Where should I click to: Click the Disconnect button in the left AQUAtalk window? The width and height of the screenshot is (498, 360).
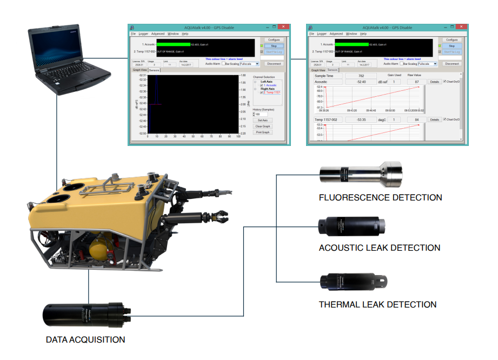pyautogui.click(x=274, y=64)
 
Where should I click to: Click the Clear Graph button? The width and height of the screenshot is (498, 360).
pyautogui.click(x=263, y=126)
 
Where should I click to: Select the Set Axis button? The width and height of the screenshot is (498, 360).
pyautogui.click(x=263, y=120)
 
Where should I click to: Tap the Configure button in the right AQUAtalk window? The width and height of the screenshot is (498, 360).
pyautogui.click(x=451, y=40)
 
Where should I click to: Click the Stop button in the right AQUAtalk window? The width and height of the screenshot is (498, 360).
pyautogui.click(x=451, y=46)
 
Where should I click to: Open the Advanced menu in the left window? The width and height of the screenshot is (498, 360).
pyautogui.click(x=158, y=34)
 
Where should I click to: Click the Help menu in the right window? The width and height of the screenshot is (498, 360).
pyautogui.click(x=363, y=34)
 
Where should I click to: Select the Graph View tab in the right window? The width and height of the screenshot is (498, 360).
pyautogui.click(x=318, y=70)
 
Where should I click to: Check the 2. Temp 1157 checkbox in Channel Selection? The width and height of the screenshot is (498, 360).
pyautogui.click(x=262, y=92)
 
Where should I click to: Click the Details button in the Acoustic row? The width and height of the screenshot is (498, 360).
pyautogui.click(x=434, y=82)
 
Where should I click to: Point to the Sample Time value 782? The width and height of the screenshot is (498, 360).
pyautogui.click(x=361, y=76)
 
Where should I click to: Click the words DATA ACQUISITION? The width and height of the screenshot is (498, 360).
pyautogui.click(x=85, y=340)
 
